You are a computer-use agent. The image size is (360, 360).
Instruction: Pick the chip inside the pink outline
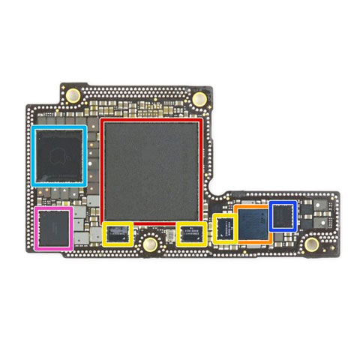coord(53,228)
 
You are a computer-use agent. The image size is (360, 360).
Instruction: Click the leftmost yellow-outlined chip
coord(118,234)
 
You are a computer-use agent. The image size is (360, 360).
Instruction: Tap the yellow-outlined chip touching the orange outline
coord(224,228)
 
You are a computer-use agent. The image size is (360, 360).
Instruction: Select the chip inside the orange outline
coord(252,225)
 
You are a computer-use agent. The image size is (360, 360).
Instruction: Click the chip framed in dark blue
coord(283,215)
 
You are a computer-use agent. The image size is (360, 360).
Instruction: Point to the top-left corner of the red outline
coord(101,118)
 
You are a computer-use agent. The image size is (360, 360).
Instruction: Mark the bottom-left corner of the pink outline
coord(35,247)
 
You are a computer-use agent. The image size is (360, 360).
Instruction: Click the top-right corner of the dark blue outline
coord(296,201)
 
